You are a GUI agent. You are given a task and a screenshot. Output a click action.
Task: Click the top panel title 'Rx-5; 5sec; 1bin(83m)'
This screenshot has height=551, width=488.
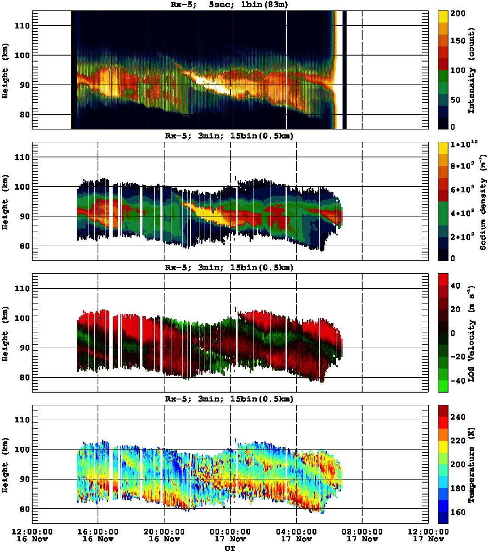point(229,5)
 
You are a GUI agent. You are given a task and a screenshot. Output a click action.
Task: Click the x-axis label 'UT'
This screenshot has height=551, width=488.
point(229,548)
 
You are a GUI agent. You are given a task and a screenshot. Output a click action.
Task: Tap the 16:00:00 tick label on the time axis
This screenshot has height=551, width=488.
point(98,532)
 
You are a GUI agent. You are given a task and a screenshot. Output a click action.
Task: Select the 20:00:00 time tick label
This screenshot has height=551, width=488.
point(164,532)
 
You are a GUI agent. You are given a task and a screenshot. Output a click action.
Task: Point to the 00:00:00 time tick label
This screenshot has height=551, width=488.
point(230,532)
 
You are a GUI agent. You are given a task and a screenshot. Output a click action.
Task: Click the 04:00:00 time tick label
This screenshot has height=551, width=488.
point(296,532)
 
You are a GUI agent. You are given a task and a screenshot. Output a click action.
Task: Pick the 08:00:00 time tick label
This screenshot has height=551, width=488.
point(363,532)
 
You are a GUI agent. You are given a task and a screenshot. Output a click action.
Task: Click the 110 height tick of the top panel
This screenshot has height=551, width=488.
point(22,26)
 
